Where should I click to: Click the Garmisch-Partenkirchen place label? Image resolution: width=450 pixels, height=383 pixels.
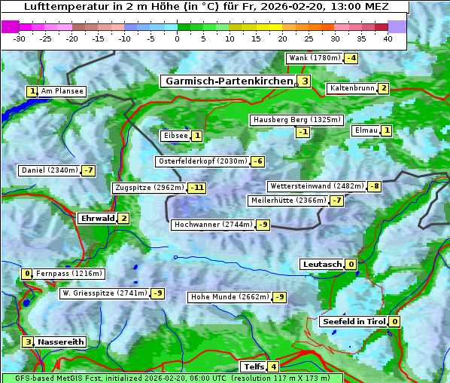[228, 81]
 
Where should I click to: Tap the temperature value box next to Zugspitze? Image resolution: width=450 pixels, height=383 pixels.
[197, 188]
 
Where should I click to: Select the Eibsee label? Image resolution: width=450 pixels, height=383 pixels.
[175, 136]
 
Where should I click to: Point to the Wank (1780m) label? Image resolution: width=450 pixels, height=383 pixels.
[315, 58]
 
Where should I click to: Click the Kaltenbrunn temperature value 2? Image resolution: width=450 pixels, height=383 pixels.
[383, 88]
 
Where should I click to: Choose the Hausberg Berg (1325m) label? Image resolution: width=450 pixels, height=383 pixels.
[296, 120]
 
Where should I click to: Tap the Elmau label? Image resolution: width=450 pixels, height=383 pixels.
[366, 130]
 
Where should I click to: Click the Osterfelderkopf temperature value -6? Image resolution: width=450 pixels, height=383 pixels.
[257, 161]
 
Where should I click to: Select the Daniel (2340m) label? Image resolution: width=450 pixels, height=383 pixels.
[49, 170]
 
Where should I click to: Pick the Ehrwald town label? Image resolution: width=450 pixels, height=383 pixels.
[97, 219]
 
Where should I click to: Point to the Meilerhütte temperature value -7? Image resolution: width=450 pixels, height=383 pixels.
[336, 201]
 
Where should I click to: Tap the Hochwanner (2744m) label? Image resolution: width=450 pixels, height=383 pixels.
[212, 225]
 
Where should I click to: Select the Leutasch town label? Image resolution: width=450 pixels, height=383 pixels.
[321, 264]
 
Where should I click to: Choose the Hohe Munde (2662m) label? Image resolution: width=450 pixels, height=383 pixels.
[229, 297]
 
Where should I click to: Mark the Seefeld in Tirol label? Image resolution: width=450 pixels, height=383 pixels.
[353, 321]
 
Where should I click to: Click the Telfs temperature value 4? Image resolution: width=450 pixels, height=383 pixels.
[273, 367]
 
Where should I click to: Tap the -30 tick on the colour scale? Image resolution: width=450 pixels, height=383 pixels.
[20, 38]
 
